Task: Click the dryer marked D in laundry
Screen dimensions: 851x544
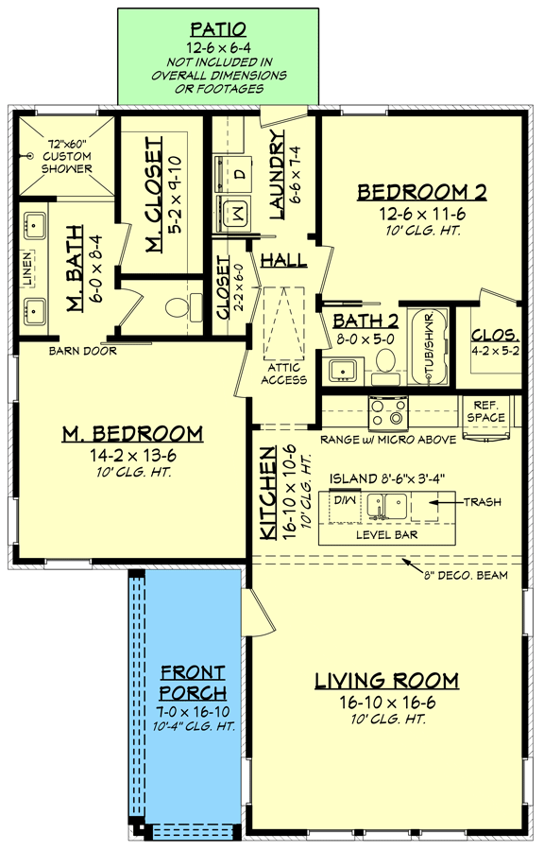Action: click(x=238, y=174)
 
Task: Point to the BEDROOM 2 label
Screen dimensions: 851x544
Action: click(x=421, y=193)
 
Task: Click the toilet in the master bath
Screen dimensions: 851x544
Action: click(x=182, y=306)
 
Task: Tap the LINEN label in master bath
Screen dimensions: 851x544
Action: click(x=27, y=269)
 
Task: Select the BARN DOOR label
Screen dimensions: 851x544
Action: click(x=83, y=352)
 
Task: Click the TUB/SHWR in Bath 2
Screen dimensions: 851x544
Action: click(x=430, y=348)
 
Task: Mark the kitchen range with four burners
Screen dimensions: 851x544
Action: click(x=387, y=413)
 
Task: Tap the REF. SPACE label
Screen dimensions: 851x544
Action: click(x=487, y=410)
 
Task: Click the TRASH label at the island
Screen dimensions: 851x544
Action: click(x=483, y=502)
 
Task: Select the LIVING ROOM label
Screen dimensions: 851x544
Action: click(x=386, y=681)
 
